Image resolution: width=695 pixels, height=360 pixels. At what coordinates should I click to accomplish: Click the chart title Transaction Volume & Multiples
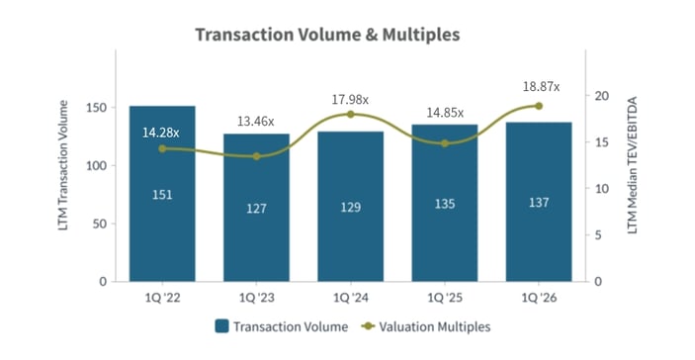pyautogui.click(x=327, y=35)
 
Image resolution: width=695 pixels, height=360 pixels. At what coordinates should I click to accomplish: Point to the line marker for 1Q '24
pyautogui.click(x=351, y=115)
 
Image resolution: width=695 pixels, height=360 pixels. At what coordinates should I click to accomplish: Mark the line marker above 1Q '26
pyautogui.click(x=539, y=106)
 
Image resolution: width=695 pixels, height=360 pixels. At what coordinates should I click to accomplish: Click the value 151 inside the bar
pyautogui.click(x=162, y=195)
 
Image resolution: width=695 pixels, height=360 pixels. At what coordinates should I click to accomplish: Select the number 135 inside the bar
pyautogui.click(x=445, y=205)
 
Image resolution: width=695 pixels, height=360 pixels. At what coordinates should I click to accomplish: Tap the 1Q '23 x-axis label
pyautogui.click(x=256, y=296)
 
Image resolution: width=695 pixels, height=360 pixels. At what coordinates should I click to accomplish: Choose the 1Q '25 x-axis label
pyautogui.click(x=445, y=296)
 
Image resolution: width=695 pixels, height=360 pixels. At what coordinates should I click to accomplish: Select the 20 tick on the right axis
pyautogui.click(x=602, y=96)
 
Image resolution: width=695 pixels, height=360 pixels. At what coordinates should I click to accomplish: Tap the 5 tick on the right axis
pyautogui.click(x=599, y=235)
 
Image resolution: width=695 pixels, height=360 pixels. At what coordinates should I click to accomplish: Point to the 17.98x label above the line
pyautogui.click(x=351, y=99)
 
